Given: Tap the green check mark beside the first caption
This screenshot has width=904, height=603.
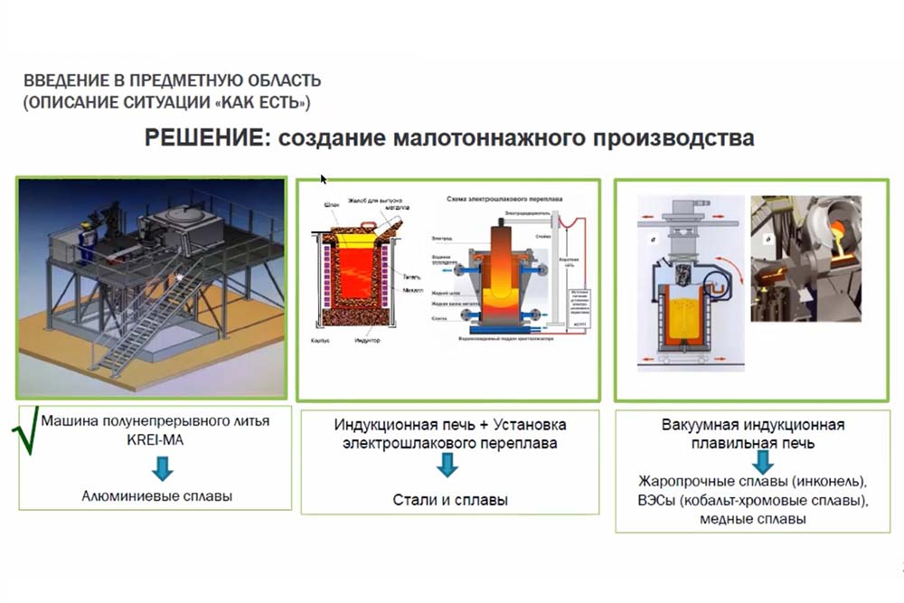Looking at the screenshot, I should tap(27, 431).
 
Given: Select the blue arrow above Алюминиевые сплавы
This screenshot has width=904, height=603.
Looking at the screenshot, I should tap(162, 469).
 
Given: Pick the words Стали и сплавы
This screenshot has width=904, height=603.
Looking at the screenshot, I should tap(449, 500).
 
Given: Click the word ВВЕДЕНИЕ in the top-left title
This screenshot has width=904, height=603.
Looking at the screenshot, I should tap(67, 80).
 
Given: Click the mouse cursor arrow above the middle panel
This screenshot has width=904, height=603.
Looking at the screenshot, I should tap(324, 179).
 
